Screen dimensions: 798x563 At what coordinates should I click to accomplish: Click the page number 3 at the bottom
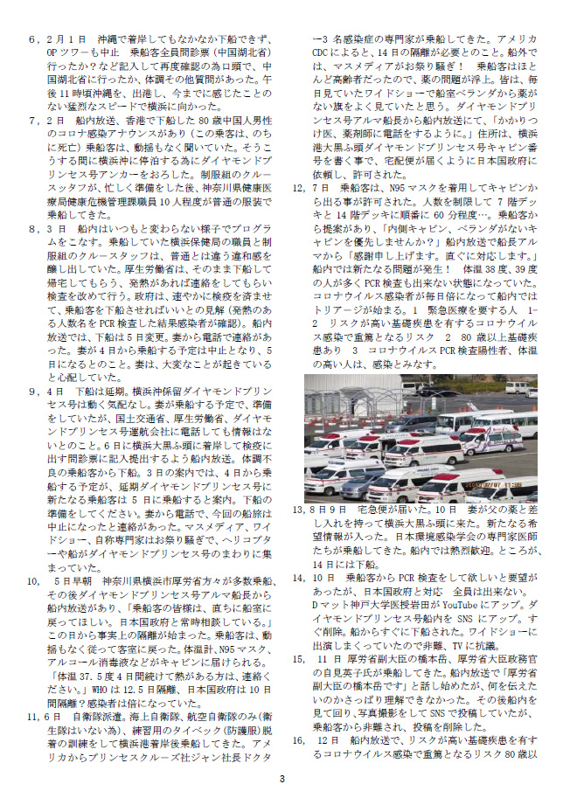coord(281,779)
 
